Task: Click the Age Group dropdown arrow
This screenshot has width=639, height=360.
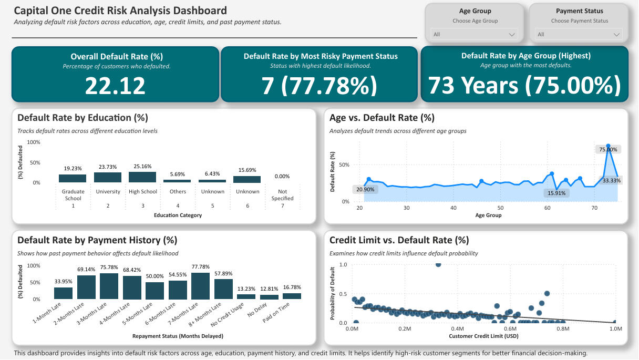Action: click(512, 35)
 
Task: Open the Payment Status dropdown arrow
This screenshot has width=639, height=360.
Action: click(616, 35)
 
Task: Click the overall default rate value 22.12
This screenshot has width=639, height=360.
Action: click(115, 85)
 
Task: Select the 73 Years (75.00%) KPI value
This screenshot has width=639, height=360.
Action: click(524, 85)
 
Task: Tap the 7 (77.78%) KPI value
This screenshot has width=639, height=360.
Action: click(320, 85)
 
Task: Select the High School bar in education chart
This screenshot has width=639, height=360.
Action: click(142, 177)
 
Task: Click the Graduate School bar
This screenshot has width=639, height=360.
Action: click(73, 178)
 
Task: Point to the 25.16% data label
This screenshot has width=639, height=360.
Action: click(142, 167)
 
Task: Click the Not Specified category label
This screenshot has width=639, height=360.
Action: click(282, 195)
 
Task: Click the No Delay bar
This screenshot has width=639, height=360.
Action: click(270, 297)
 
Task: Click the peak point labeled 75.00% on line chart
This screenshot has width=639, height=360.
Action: click(608, 146)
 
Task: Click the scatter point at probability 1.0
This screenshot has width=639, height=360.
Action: click(438, 264)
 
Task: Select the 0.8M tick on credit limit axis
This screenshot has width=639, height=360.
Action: click(563, 329)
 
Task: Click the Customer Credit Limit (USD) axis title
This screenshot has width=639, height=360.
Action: click(483, 336)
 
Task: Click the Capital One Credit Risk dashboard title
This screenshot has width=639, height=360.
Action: click(120, 11)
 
